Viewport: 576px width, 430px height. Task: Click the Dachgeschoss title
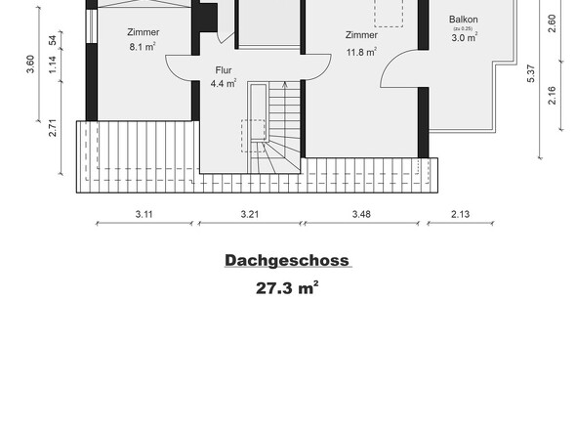pyautogui.click(x=287, y=261)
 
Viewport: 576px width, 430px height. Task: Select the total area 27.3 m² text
pyautogui.click(x=287, y=288)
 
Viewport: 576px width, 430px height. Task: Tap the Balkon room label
pyautogui.click(x=464, y=20)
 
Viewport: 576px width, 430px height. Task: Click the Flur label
pyautogui.click(x=224, y=71)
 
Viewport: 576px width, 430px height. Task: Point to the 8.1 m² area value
pyautogui.click(x=143, y=45)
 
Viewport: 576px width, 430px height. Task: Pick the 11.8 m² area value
pyautogui.click(x=360, y=53)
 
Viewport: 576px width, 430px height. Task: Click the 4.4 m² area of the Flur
pyautogui.click(x=224, y=84)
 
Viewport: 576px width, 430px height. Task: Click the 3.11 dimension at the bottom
pyautogui.click(x=144, y=213)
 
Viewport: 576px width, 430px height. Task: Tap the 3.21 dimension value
pyautogui.click(x=251, y=213)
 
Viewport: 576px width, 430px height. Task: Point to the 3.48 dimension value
pyautogui.click(x=362, y=213)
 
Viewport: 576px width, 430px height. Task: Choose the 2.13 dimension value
pyautogui.click(x=460, y=213)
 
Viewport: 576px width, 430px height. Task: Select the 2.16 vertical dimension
pyautogui.click(x=553, y=96)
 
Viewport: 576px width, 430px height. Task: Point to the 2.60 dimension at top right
pyautogui.click(x=553, y=21)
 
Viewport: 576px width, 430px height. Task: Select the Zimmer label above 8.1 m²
pyautogui.click(x=143, y=32)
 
